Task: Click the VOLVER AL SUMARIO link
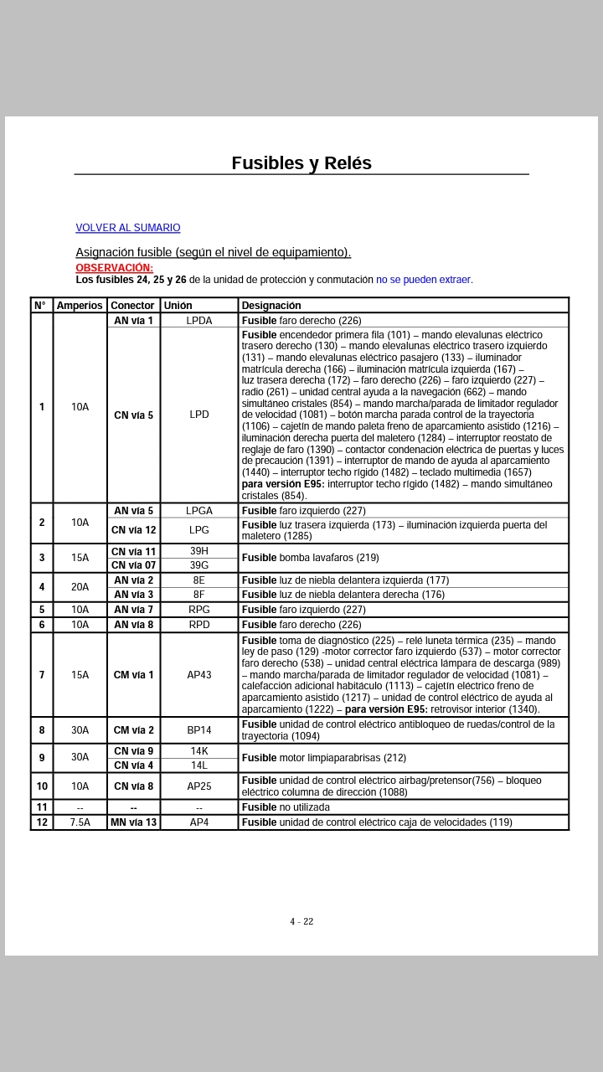click(127, 228)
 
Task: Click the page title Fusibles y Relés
click(301, 163)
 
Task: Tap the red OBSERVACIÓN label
click(114, 268)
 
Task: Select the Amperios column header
click(80, 306)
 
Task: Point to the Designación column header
click(271, 306)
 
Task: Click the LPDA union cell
click(198, 321)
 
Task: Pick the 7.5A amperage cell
click(80, 822)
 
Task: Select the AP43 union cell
click(198, 675)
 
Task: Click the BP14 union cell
click(198, 730)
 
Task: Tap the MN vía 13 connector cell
click(133, 822)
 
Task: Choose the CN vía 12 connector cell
click(133, 530)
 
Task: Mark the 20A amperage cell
click(80, 587)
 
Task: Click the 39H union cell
click(198, 551)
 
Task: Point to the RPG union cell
click(198, 610)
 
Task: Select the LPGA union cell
click(198, 511)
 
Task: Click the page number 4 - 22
click(301, 921)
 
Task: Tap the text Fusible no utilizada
click(286, 807)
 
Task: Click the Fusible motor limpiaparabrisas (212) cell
click(323, 758)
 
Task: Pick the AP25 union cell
click(198, 786)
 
